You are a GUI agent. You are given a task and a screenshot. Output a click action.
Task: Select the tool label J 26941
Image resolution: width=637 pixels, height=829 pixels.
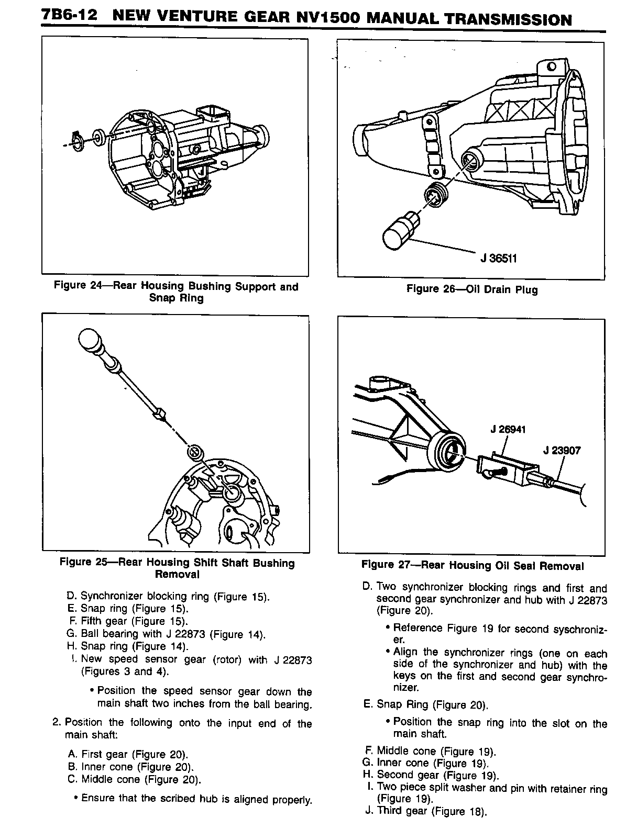[x=508, y=429]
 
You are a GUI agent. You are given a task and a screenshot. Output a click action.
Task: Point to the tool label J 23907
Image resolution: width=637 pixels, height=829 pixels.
[x=562, y=450]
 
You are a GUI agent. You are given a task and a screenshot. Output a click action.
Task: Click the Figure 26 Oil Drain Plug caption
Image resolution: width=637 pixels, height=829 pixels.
[x=472, y=289]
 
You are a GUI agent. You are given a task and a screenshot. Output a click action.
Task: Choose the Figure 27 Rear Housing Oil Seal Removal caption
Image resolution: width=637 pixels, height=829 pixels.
[x=472, y=566]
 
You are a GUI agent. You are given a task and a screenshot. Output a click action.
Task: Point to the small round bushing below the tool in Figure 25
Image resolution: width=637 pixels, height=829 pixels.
[x=195, y=451]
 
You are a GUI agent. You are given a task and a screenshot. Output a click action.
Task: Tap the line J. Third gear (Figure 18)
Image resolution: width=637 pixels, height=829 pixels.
[x=426, y=811]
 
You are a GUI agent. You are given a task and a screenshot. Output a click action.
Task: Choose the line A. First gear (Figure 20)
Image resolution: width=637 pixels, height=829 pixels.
[x=128, y=754]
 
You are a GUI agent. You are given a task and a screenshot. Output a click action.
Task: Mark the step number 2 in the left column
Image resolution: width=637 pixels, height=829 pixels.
[x=56, y=723]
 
